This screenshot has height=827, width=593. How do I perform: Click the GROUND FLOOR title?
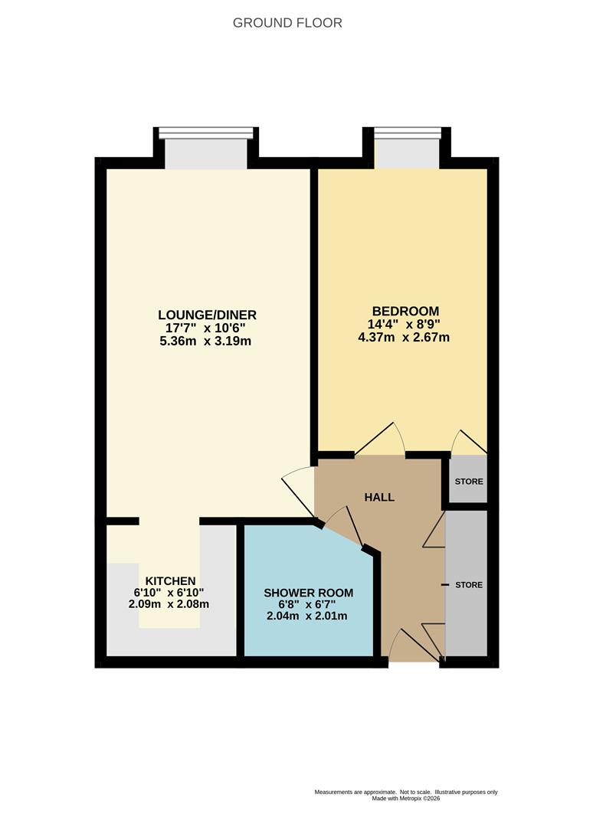287,23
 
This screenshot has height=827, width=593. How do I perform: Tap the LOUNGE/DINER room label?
208,315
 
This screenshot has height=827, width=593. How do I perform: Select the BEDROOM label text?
406,311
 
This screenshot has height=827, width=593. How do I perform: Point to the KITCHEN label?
170,580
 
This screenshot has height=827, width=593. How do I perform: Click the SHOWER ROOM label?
309,593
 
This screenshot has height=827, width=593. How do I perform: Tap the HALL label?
379,497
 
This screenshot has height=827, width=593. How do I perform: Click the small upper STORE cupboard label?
469,482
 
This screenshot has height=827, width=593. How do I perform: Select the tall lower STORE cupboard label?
469,585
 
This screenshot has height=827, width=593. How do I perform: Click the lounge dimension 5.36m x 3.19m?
205,342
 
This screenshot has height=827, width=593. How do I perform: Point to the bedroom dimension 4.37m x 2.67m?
404,337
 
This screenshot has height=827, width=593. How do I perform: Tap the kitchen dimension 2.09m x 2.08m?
169,604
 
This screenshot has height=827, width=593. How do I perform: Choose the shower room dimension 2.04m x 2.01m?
307,616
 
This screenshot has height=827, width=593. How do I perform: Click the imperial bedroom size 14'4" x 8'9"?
404,324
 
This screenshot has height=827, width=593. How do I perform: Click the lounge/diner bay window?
206,148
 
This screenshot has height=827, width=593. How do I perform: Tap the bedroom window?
407,148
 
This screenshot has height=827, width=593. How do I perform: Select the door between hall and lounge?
299,491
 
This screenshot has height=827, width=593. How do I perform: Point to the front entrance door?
415,645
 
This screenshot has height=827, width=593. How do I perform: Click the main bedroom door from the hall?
380,439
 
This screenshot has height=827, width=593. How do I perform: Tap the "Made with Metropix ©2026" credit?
406,799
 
